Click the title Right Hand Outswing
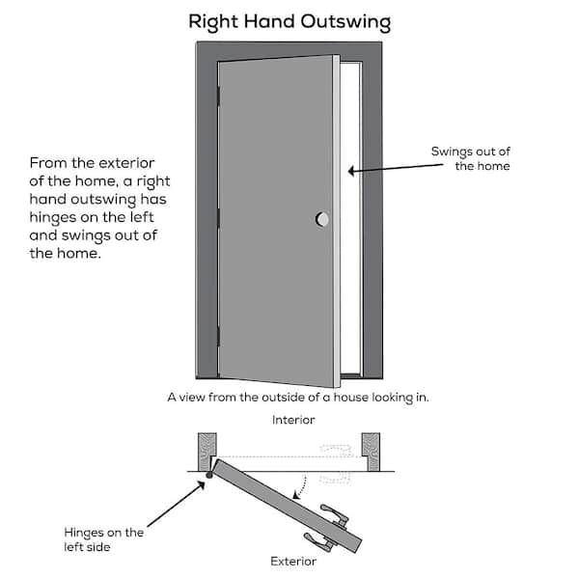coord(289,22)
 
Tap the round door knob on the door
coord(322,219)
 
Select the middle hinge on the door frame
coord(218,218)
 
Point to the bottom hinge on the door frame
coord(218,336)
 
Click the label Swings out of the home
coord(471,158)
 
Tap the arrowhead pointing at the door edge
coord(351,171)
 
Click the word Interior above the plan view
coord(293,420)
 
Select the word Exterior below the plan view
coord(293,562)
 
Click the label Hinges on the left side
coord(104,539)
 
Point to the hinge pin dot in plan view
coord(209,475)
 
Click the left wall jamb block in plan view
coord(207,452)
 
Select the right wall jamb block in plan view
coord(371,452)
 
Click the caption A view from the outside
coord(298,398)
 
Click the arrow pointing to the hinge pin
coord(177,504)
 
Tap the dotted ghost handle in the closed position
coord(335,464)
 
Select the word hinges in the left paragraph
coord(53,218)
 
